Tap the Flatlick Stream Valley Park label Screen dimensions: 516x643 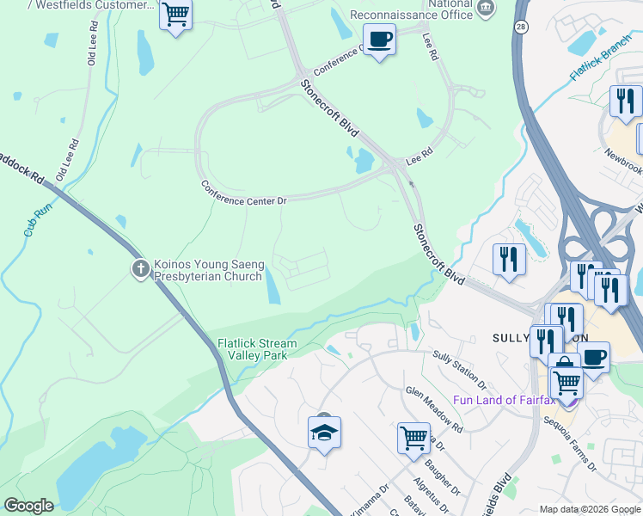click(256, 349)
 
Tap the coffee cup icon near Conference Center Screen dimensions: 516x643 click(379, 39)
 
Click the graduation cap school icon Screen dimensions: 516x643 click(325, 433)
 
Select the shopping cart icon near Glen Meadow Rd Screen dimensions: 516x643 click(413, 438)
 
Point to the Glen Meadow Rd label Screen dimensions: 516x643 click(435, 409)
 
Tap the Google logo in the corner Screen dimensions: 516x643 click(28, 505)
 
